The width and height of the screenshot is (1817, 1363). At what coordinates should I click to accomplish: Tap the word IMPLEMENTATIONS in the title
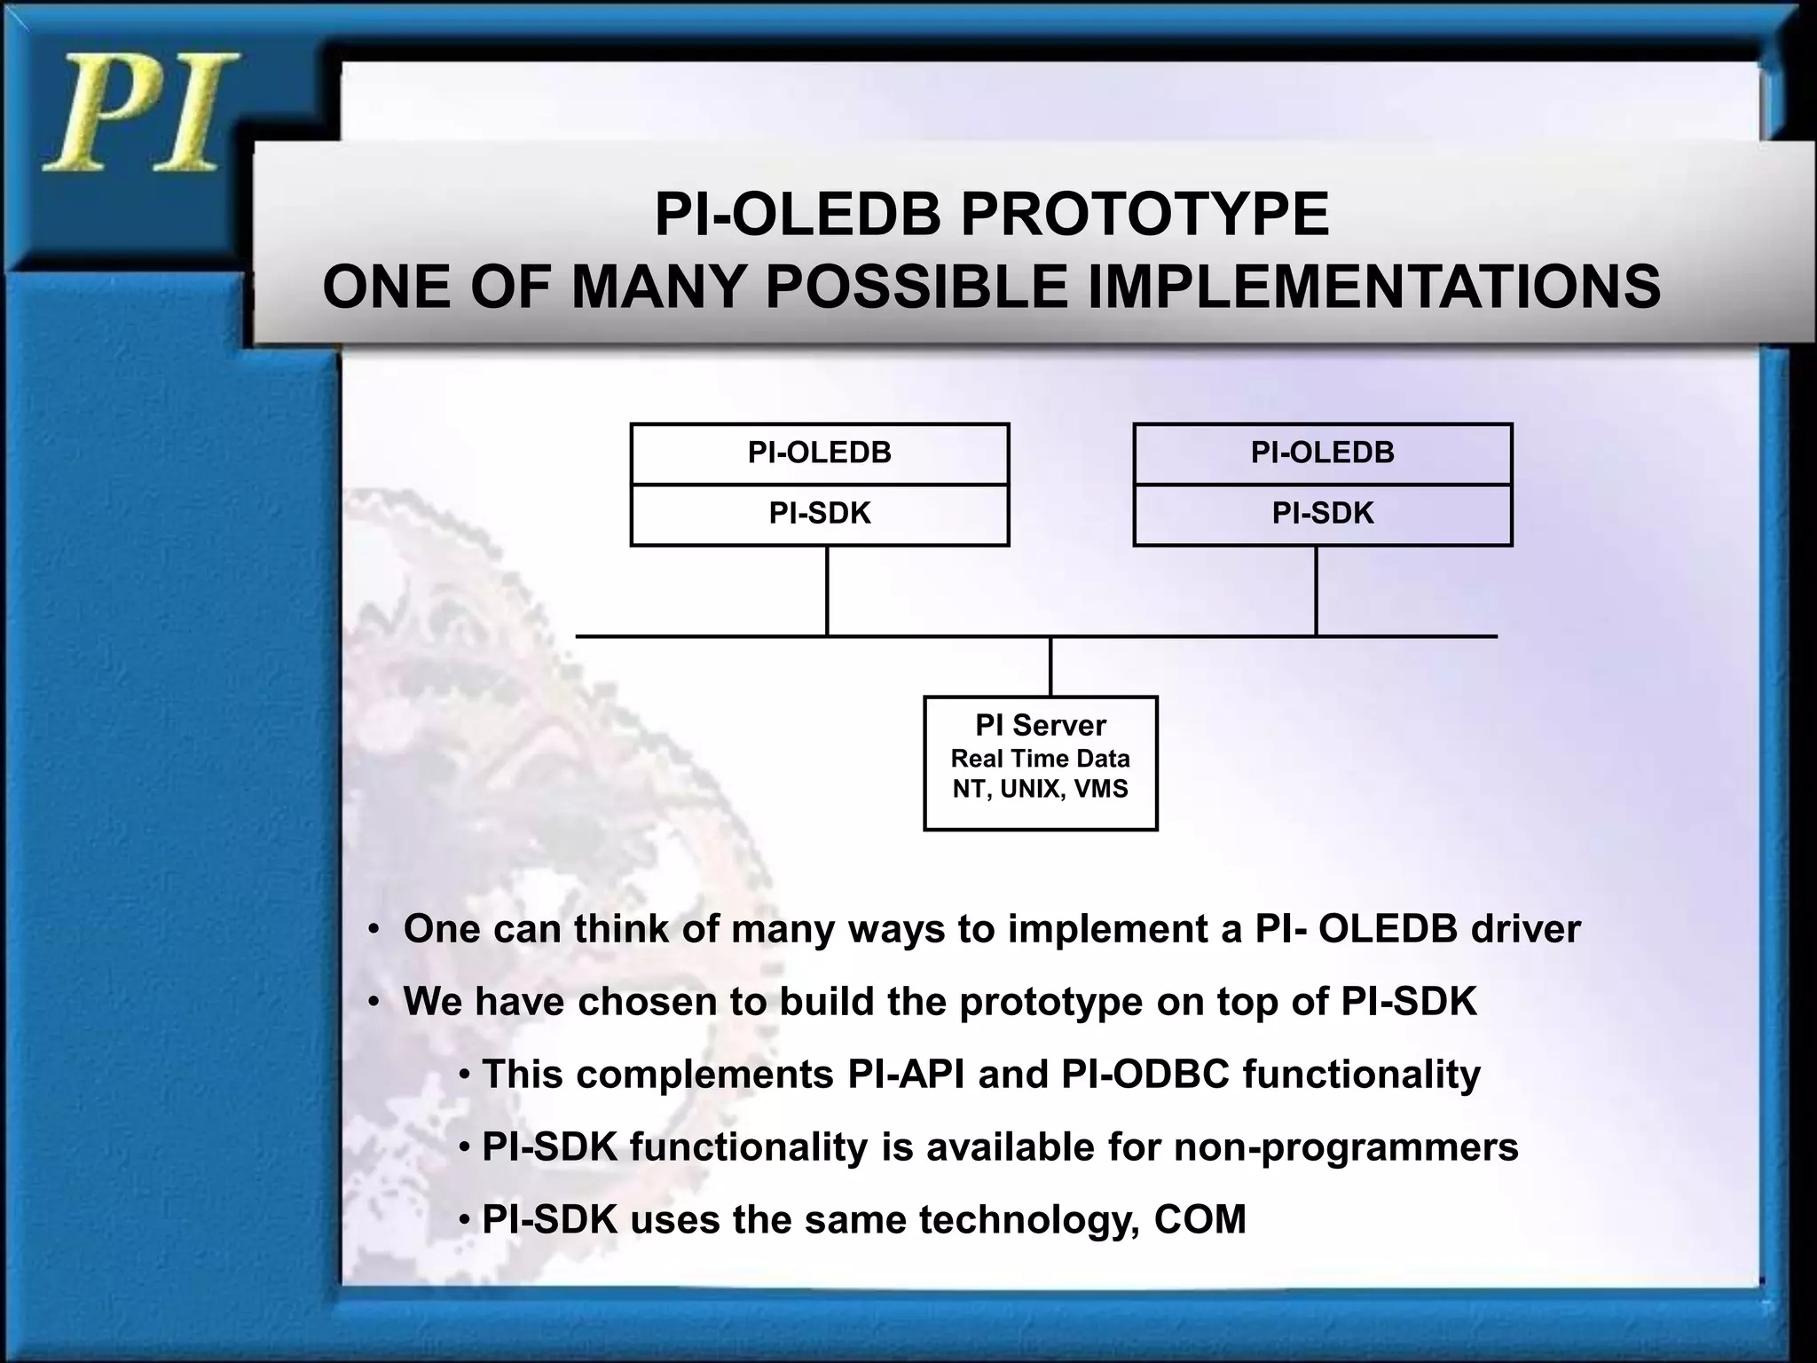coord(1374,288)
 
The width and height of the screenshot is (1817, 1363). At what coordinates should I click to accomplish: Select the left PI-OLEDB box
coord(819,453)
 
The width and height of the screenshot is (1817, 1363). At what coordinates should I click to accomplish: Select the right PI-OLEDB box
coord(1322,453)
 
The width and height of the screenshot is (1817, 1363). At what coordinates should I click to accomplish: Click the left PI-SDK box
coord(819,514)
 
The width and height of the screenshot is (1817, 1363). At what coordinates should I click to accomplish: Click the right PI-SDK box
coord(1322,514)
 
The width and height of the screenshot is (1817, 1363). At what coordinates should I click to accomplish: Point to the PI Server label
coord(1041,726)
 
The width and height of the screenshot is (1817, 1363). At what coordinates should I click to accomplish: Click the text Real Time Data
coord(1041,760)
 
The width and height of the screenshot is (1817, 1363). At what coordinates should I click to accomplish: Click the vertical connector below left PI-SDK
coord(827,591)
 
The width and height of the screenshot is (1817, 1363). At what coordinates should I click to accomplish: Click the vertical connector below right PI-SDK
coord(1316,591)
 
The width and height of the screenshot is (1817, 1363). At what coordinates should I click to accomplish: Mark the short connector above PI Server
coord(1050,666)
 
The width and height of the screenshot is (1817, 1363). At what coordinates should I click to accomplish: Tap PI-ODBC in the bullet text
coord(1144,1075)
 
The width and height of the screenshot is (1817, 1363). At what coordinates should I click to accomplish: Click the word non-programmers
coord(1346,1147)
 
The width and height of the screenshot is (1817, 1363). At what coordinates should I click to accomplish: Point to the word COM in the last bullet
coord(1200,1220)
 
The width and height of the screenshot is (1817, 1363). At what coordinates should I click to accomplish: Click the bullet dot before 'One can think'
coord(374,930)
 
